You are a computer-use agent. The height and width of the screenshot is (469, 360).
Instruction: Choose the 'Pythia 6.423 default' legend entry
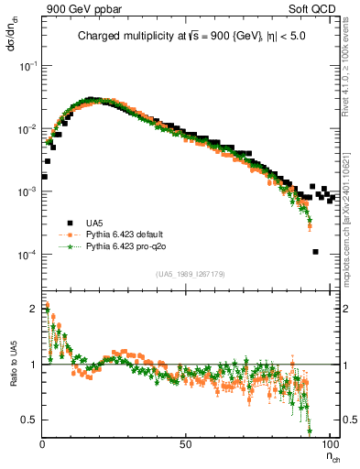[129, 234]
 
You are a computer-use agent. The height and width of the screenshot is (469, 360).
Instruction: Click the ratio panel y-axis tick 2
[33, 309]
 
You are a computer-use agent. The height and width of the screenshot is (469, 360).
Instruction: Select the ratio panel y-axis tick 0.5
[29, 420]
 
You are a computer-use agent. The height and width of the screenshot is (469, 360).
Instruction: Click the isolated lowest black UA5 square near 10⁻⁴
[315, 252]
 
